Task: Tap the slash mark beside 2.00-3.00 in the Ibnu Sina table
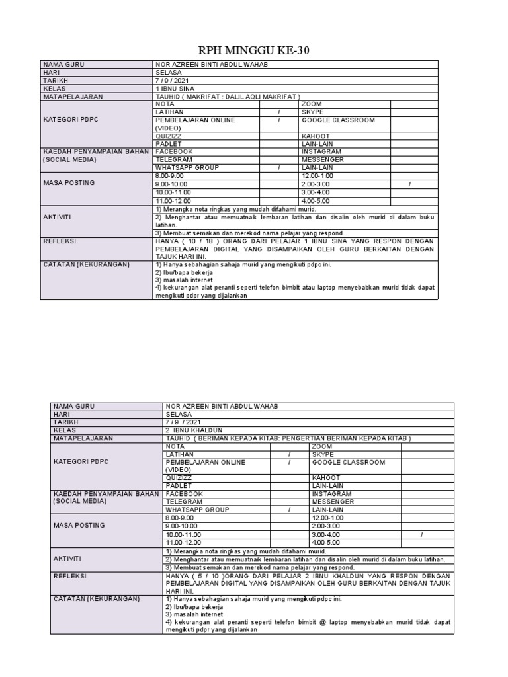(x=409, y=184)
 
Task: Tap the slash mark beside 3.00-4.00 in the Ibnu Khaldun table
(x=421, y=534)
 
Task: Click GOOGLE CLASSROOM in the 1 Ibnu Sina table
(x=338, y=120)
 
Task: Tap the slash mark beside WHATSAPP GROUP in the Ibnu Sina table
(x=278, y=168)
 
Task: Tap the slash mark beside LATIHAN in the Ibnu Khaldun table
(x=289, y=454)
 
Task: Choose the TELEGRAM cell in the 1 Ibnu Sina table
(x=174, y=160)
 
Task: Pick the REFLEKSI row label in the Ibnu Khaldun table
(x=71, y=576)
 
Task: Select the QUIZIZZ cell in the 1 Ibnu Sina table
(x=171, y=136)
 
